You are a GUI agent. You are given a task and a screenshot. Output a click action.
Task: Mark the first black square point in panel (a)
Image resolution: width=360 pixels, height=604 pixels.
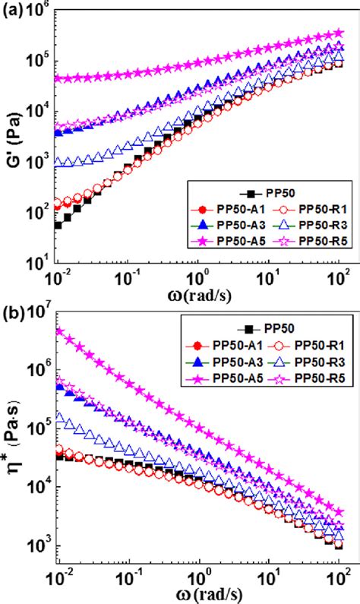click(x=58, y=225)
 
